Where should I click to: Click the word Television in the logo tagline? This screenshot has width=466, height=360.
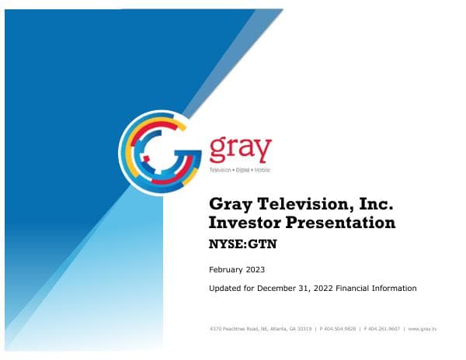point(221,169)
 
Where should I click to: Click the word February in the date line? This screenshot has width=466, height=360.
point(228,270)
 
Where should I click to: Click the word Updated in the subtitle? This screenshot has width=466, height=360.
point(226,288)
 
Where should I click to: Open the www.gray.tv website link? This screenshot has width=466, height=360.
point(423,329)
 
